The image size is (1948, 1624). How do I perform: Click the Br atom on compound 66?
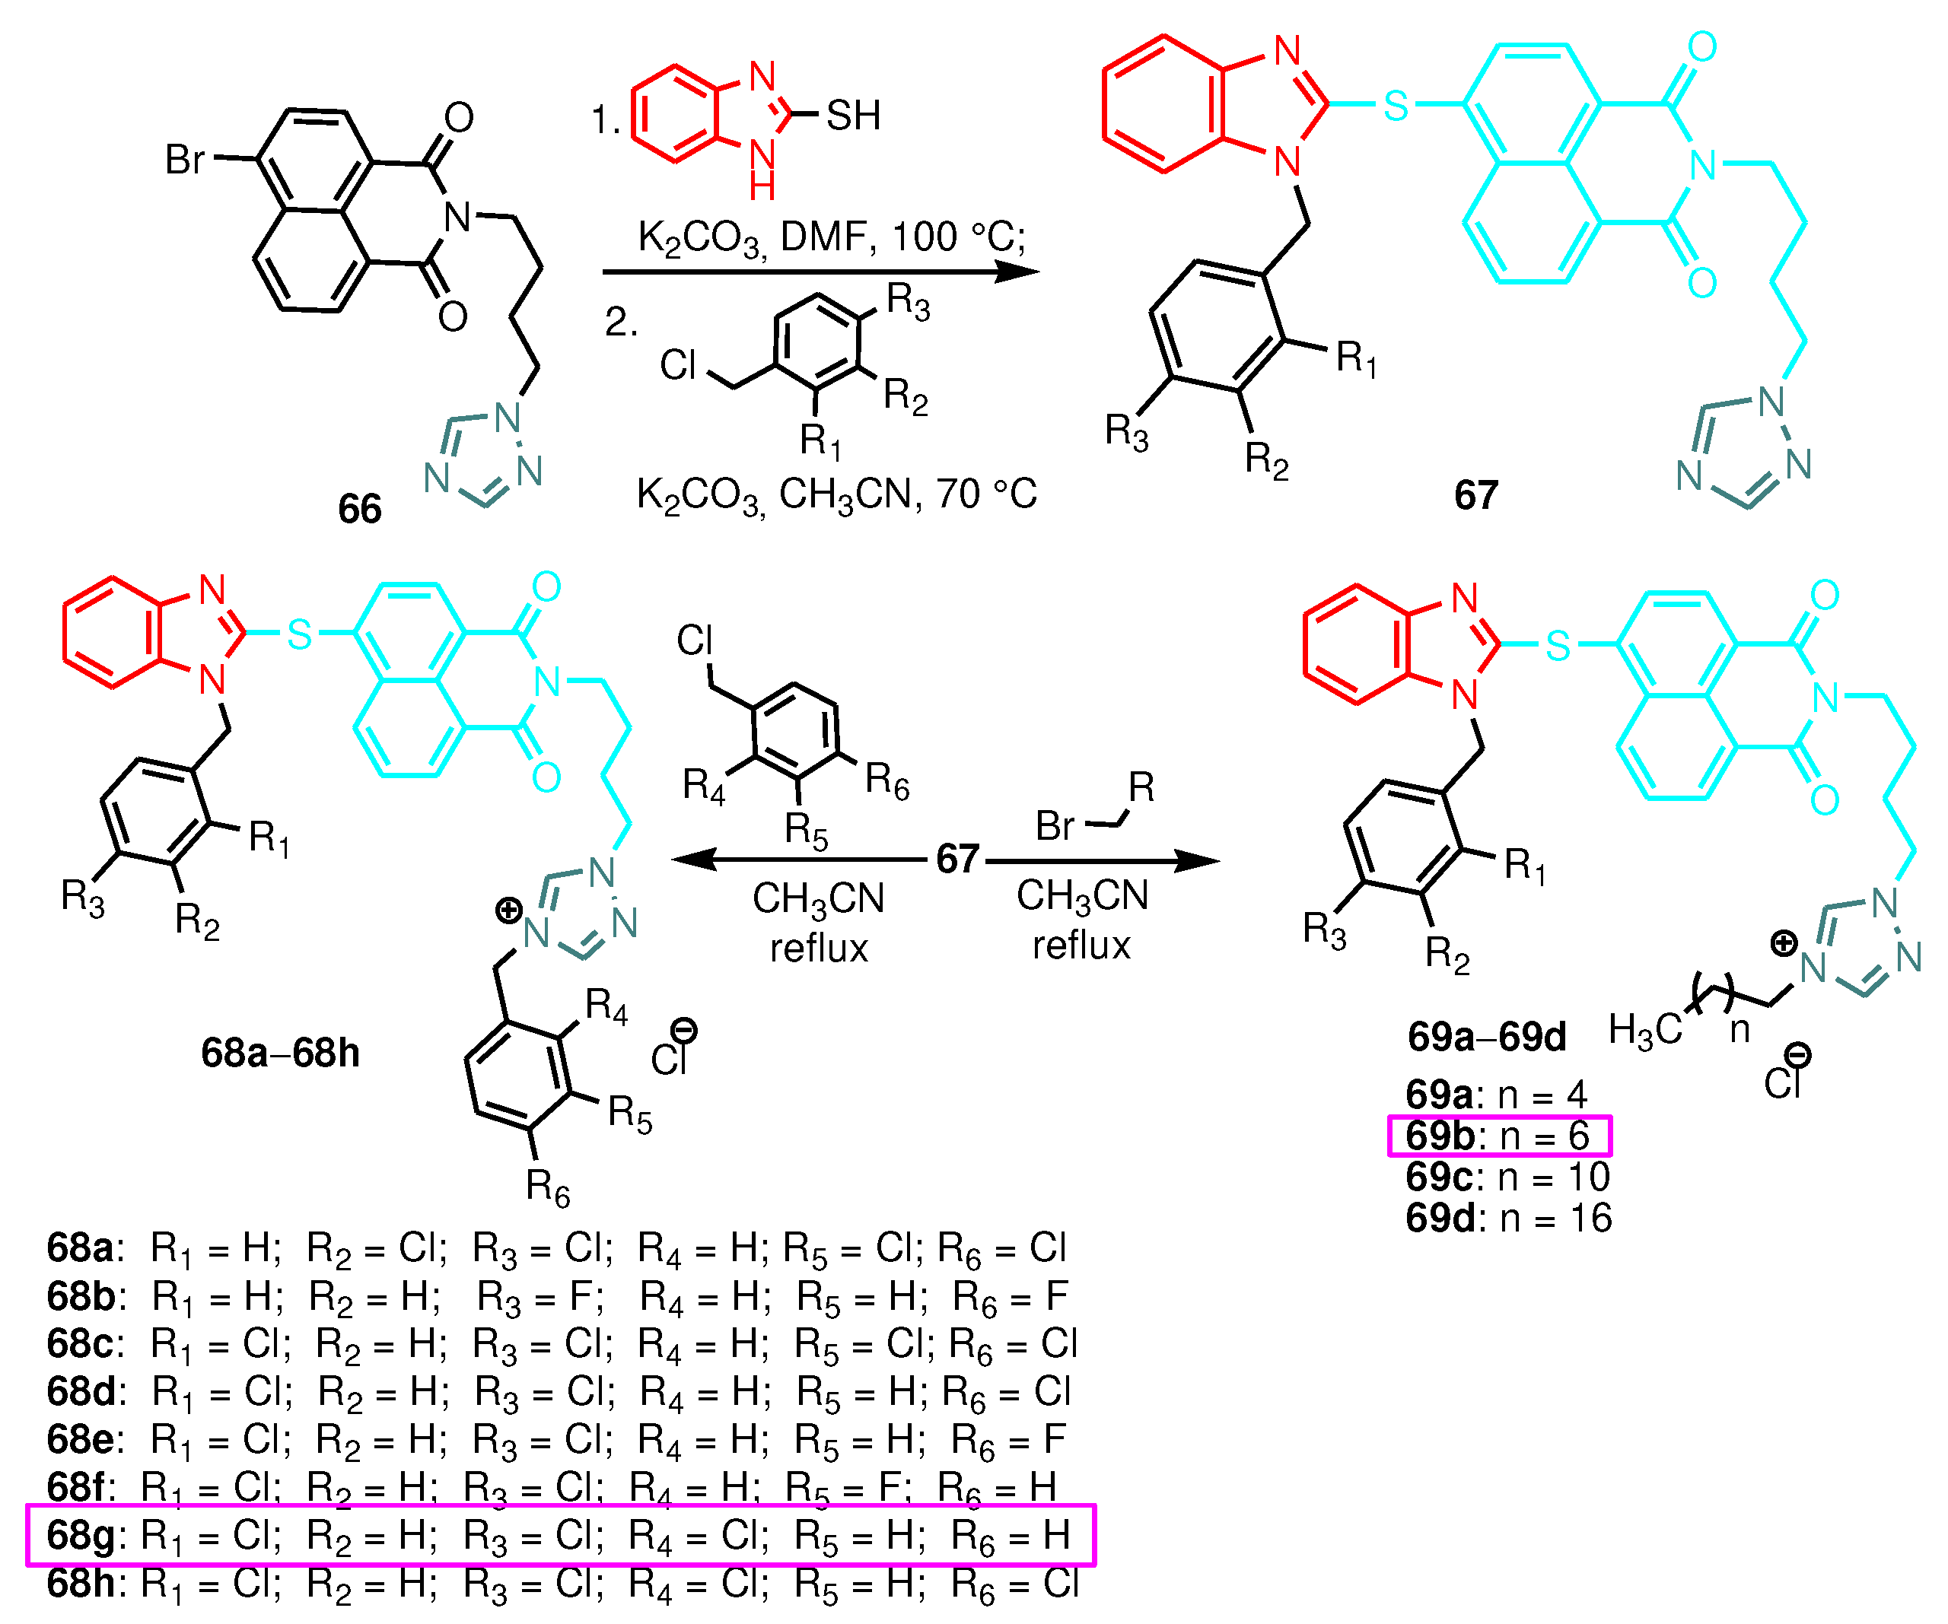[x=185, y=160]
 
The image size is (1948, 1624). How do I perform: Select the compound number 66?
[x=359, y=509]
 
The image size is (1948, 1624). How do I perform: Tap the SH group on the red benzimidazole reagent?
[x=852, y=116]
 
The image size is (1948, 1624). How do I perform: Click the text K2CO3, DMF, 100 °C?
[x=831, y=238]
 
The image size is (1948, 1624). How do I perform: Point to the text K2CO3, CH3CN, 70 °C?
[x=836, y=494]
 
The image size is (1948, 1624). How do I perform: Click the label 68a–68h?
[x=280, y=1053]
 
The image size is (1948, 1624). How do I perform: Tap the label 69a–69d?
[x=1486, y=1037]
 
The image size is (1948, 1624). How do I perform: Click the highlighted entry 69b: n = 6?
[x=1498, y=1135]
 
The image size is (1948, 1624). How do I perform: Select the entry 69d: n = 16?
[x=1508, y=1217]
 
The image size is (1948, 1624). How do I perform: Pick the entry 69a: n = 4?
[x=1495, y=1095]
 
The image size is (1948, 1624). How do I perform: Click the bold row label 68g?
[x=81, y=1535]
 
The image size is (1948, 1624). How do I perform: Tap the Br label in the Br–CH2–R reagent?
[x=1055, y=825]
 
